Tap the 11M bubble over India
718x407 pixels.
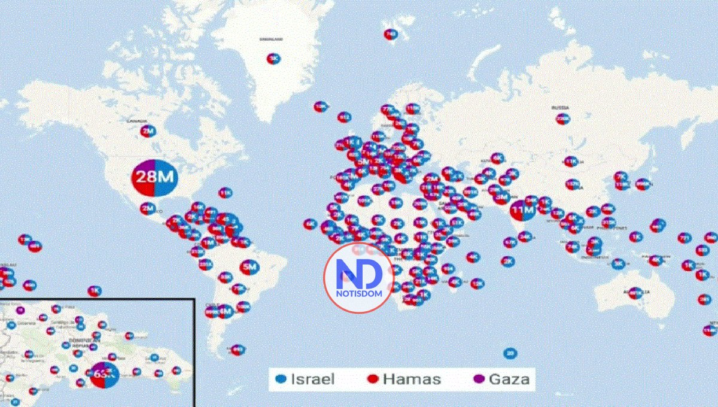522,211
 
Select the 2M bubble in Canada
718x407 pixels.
147,131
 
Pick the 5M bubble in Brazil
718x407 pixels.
250,267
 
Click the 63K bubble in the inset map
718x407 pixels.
104,375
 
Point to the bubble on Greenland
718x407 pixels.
273,59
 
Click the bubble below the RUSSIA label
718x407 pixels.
562,119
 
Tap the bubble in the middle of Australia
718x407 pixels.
635,293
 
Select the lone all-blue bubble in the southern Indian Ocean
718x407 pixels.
509,353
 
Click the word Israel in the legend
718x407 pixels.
312,379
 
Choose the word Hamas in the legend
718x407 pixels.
411,379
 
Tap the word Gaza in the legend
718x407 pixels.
508,379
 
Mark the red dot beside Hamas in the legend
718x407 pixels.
372,379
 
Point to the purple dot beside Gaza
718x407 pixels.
479,379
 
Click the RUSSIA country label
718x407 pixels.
561,108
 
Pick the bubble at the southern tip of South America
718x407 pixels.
238,350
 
